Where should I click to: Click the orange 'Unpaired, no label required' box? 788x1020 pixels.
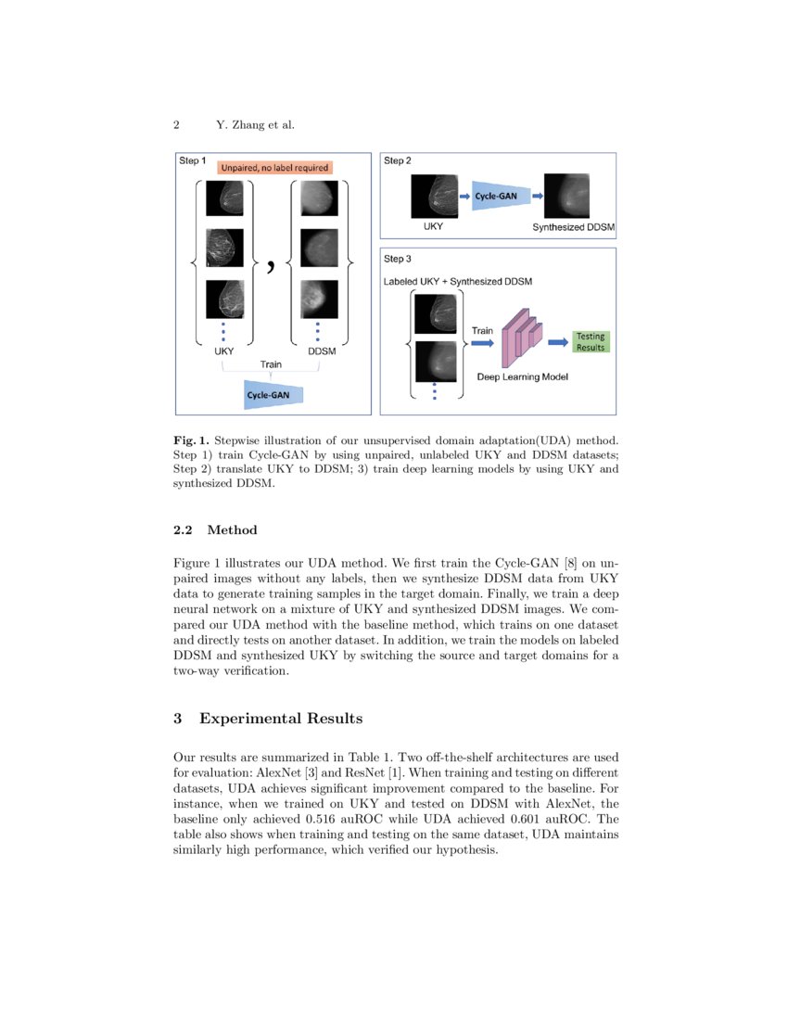(273, 168)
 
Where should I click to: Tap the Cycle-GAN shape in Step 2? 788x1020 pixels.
(502, 197)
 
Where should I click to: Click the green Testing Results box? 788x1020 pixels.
(591, 341)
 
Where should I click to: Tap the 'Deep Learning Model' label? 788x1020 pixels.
(521, 377)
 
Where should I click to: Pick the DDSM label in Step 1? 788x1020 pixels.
(322, 352)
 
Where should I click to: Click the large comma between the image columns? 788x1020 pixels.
(271, 266)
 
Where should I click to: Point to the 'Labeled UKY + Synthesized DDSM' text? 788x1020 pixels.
(458, 280)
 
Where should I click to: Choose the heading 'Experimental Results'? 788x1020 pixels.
(280, 719)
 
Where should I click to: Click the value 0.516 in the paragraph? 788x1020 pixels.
(324, 820)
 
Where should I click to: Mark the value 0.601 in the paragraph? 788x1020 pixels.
(529, 820)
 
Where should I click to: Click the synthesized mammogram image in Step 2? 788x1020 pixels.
(566, 196)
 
